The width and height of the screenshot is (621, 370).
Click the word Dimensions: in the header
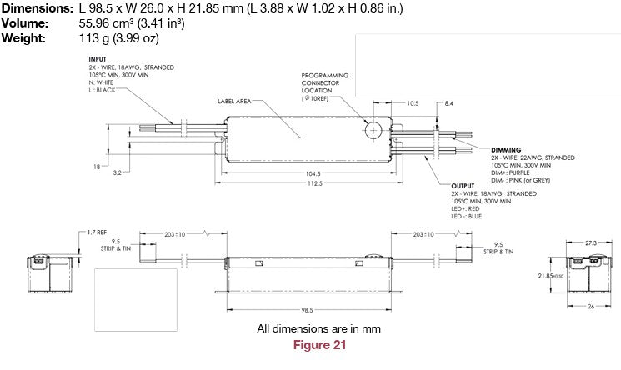click(36, 7)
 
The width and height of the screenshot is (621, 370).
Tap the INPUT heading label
click(98, 59)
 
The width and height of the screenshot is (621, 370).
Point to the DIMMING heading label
click(506, 149)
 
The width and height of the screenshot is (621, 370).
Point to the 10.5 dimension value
click(413, 103)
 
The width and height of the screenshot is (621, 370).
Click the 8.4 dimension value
click(448, 103)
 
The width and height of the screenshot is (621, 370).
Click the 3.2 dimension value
click(117, 173)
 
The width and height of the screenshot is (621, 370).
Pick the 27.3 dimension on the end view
click(590, 242)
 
